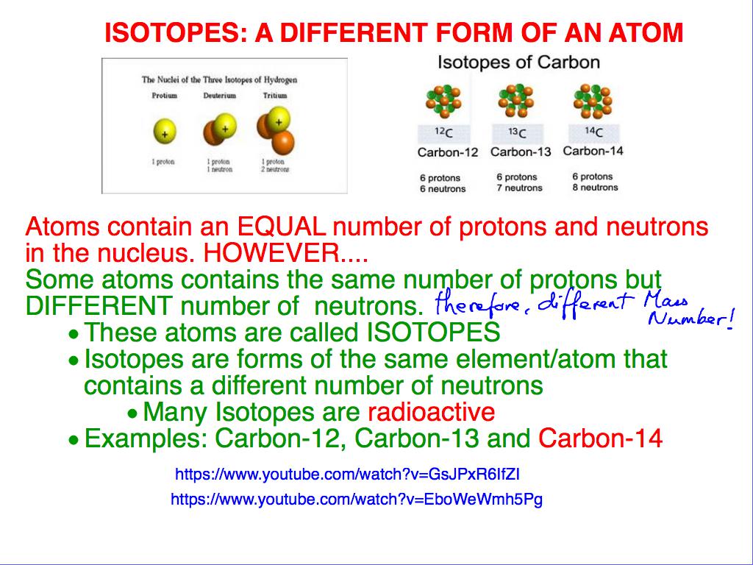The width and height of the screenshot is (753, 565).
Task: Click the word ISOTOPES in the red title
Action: (x=170, y=33)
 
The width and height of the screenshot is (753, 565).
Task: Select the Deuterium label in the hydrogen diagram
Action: (x=220, y=96)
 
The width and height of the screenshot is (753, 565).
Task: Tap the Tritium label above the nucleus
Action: (x=275, y=96)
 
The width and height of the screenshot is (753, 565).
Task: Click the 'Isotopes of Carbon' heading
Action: (x=518, y=62)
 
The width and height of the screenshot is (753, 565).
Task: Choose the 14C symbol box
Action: (x=593, y=132)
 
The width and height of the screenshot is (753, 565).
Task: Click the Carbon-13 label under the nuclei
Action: (x=520, y=152)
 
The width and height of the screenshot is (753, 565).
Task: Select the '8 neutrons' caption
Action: (x=595, y=188)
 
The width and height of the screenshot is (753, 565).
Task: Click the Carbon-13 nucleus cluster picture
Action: (x=520, y=101)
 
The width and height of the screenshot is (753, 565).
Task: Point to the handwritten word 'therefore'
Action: (x=465, y=303)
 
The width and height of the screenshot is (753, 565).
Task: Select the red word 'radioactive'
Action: (x=431, y=412)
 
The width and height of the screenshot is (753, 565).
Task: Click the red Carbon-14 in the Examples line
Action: (x=600, y=439)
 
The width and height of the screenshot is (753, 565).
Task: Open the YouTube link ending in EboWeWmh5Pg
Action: (x=357, y=500)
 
